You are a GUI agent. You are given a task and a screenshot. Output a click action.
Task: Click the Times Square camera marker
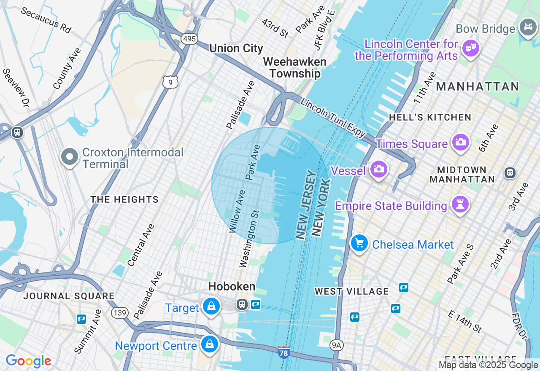click(461, 142)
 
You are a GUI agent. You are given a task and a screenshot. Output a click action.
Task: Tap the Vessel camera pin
click(378, 169)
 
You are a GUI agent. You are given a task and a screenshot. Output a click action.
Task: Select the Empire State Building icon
click(460, 204)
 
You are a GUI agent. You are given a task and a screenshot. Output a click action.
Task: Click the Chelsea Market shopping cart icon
click(359, 243)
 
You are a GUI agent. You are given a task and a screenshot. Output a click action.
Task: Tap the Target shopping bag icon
click(211, 306)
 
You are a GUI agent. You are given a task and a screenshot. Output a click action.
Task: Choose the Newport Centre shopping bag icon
click(209, 344)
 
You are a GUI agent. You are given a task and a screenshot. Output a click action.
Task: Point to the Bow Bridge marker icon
click(528, 27)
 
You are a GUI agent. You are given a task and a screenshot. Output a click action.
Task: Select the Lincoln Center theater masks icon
click(470, 47)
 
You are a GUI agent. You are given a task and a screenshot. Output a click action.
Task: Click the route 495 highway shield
click(189, 39)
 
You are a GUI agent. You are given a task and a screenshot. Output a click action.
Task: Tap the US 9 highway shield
click(170, 82)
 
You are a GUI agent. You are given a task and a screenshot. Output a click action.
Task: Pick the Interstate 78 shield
click(284, 352)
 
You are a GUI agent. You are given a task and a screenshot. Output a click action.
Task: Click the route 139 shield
click(120, 313)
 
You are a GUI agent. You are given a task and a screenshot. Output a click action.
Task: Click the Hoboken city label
click(232, 287)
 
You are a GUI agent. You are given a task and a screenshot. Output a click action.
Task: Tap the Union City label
click(236, 48)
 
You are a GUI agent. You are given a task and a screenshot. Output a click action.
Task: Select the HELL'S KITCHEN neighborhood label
click(430, 117)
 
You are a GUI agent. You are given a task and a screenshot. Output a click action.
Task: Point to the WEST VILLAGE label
click(351, 291)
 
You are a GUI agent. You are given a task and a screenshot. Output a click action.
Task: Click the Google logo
click(28, 361)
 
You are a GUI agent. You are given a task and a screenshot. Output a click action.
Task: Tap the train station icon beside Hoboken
click(242, 304)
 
